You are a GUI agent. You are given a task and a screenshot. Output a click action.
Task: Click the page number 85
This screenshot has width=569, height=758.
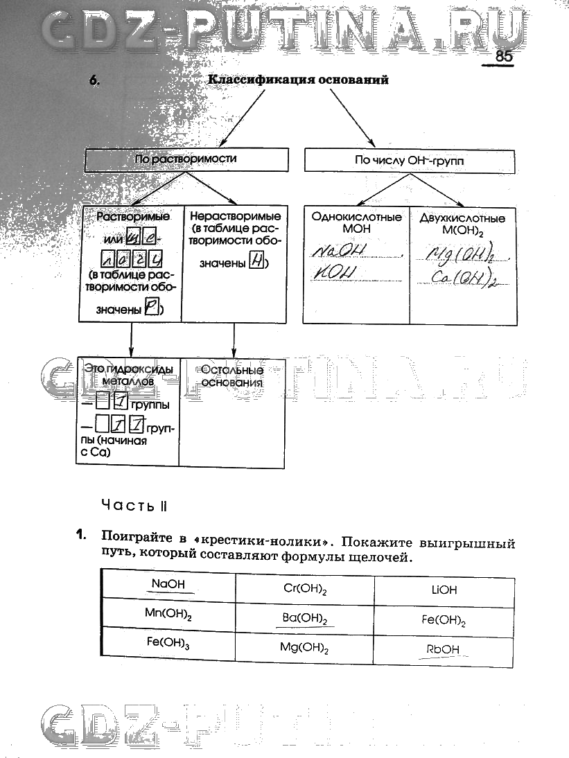pos(503,57)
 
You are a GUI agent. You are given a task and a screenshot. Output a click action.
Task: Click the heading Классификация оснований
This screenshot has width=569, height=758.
pos(298,80)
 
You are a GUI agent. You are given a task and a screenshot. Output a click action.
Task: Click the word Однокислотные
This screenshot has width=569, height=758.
pos(356,217)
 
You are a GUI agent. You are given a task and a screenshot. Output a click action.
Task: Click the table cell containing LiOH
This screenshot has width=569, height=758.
pos(444,590)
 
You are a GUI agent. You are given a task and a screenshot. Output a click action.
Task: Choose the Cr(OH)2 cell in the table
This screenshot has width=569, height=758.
pos(305,589)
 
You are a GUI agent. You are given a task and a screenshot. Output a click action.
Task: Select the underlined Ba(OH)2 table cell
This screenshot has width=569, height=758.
pos(305,619)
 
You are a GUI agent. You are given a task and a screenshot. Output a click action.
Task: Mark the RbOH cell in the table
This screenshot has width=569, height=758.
pos(444,650)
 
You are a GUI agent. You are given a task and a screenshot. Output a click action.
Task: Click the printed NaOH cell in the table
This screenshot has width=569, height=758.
pos(168,584)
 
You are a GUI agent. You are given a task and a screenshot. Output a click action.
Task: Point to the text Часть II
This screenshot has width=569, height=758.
pos(134,505)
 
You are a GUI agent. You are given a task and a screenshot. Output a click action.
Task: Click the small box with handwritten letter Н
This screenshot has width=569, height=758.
pos(256,262)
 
